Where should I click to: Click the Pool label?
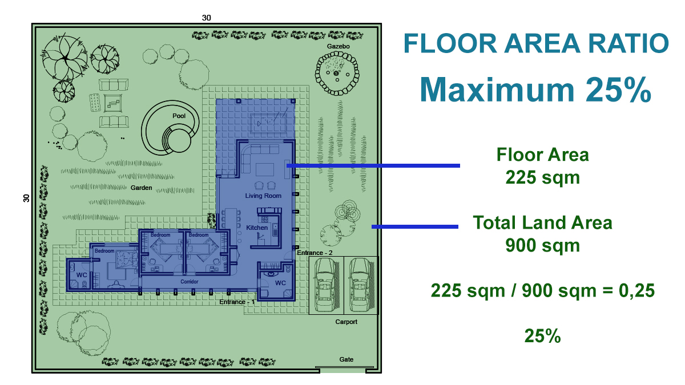179,116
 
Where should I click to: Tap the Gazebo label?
338,46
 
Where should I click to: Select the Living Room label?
263,196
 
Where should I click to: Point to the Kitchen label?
257,228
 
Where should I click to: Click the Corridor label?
190,281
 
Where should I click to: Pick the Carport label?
346,322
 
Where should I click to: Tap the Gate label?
346,359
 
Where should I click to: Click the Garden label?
142,188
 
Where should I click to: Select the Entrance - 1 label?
237,302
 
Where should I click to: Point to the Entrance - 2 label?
315,253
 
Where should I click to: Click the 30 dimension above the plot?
207,18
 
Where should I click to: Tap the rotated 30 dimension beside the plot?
26,198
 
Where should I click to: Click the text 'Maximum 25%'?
535,90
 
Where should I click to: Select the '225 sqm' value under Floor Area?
542,177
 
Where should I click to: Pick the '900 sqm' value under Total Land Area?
542,245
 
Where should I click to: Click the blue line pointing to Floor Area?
373,165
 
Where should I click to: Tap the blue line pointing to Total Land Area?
415,227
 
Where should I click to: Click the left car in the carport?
327,285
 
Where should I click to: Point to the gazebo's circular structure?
337,74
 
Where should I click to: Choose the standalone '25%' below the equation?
542,336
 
